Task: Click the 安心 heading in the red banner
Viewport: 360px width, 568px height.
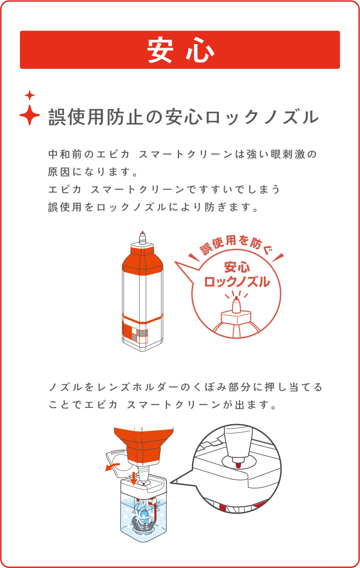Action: coord(180,50)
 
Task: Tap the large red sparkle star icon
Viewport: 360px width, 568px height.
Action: coord(30,115)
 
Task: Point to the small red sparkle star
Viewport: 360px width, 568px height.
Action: coord(30,95)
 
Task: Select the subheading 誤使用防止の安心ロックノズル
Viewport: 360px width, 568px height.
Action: coord(183,117)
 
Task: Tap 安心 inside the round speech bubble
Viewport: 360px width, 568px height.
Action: coord(237,267)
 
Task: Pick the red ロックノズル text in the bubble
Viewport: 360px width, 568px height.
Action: coord(237,282)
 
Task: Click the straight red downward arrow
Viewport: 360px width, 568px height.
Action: coord(134,477)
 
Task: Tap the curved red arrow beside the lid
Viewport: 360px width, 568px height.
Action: coord(112,466)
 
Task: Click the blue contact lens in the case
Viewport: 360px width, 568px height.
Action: coord(143,515)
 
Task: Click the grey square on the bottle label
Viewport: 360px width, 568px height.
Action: coord(142,332)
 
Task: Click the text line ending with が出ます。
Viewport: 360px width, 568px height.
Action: coord(164,404)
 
